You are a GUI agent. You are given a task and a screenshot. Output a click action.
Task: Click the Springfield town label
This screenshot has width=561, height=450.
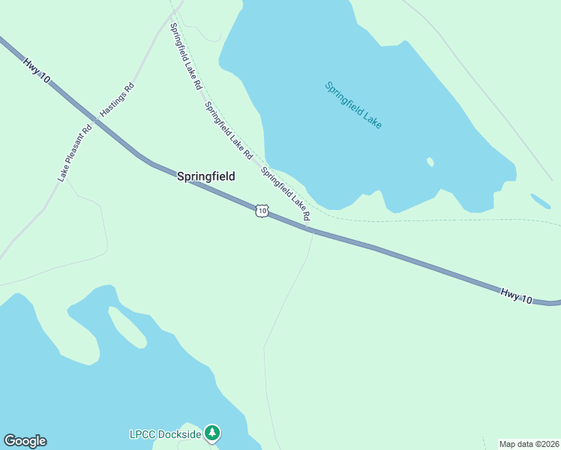(205, 177)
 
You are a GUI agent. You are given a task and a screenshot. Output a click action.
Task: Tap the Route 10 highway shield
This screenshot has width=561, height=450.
(261, 211)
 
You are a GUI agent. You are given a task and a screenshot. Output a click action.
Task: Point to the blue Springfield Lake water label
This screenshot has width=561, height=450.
(353, 104)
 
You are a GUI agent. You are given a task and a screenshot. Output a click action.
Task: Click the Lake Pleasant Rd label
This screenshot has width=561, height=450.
(75, 152)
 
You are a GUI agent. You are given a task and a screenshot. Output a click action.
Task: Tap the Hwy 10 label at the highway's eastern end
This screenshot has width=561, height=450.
(517, 295)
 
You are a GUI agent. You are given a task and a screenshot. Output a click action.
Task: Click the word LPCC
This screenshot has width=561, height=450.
(142, 433)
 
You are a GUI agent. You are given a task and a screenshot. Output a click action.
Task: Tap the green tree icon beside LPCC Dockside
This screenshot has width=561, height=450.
(214, 433)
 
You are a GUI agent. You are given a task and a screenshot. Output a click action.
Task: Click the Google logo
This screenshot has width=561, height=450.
(25, 441)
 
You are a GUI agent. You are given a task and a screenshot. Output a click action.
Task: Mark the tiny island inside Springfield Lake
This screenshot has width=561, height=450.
(430, 162)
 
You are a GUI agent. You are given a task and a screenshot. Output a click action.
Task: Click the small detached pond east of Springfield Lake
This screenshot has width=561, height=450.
(540, 201)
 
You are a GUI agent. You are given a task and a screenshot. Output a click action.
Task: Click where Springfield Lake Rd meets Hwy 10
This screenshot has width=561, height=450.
(310, 229)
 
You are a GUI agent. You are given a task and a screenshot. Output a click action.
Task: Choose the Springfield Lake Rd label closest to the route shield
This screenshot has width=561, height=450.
(286, 193)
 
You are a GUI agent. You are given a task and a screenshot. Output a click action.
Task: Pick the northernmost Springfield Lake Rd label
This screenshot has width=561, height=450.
(186, 57)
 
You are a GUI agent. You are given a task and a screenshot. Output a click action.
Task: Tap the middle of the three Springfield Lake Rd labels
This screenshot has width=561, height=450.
(229, 130)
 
